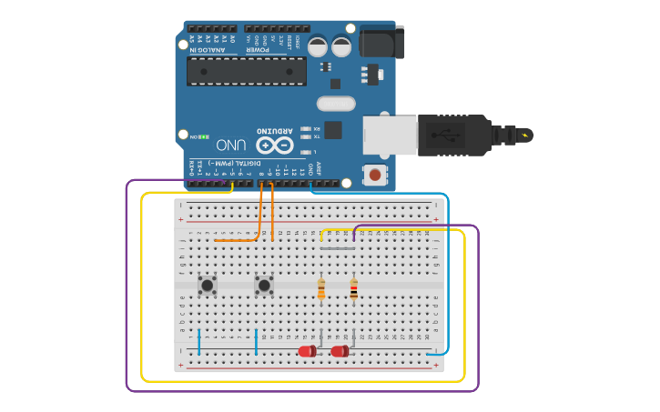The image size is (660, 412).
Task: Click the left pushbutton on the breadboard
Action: point(208,285)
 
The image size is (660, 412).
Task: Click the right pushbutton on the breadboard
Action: point(264,285)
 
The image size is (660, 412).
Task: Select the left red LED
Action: point(307,351)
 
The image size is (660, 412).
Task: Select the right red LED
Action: point(340,351)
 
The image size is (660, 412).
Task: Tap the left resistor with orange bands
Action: point(321,289)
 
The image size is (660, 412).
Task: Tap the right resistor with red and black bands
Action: point(353,289)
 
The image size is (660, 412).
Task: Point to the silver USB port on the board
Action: point(390,135)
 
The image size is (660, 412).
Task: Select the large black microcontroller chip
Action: point(246,71)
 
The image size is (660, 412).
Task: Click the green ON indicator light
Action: point(205,137)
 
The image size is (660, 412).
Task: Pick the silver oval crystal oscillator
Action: point(335,104)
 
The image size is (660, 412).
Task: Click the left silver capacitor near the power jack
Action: point(318,46)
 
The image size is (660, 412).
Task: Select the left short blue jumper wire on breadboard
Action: point(198,341)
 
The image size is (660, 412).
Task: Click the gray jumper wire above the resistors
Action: point(337,248)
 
